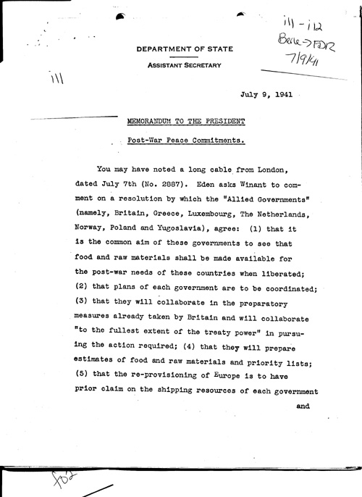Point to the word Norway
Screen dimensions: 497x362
pyautogui.click(x=92, y=228)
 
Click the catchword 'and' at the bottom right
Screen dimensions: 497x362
pyautogui.click(x=303, y=406)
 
